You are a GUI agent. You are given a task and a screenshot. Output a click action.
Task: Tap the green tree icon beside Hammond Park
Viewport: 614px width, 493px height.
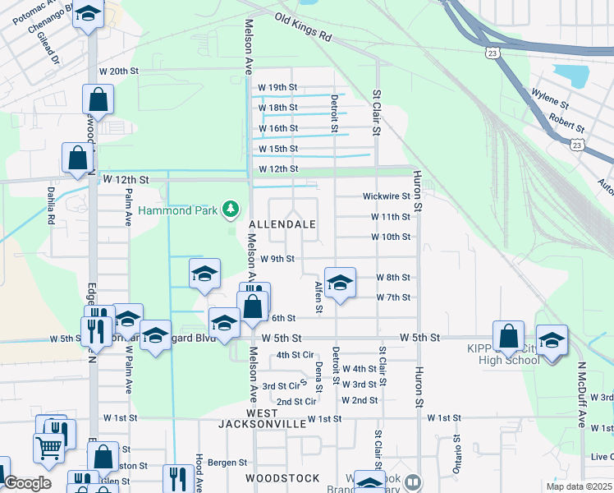[x=232, y=210]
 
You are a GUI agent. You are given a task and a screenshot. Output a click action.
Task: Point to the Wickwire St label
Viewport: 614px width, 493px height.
[x=387, y=196]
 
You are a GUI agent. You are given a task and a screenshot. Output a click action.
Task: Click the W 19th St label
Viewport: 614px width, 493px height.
[x=277, y=87]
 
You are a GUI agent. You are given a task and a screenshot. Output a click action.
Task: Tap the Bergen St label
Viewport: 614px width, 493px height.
[x=227, y=463]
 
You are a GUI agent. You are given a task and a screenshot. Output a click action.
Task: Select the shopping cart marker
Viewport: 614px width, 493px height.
[x=48, y=447]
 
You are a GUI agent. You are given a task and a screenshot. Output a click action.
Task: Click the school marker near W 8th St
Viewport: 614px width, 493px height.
[x=339, y=283]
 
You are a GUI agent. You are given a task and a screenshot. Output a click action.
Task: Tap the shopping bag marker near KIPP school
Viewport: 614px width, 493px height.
[x=508, y=336]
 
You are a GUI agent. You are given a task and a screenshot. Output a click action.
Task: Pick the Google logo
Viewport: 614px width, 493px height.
[x=27, y=483]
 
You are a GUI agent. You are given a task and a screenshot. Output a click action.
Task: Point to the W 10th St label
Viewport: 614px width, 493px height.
[x=390, y=237]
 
